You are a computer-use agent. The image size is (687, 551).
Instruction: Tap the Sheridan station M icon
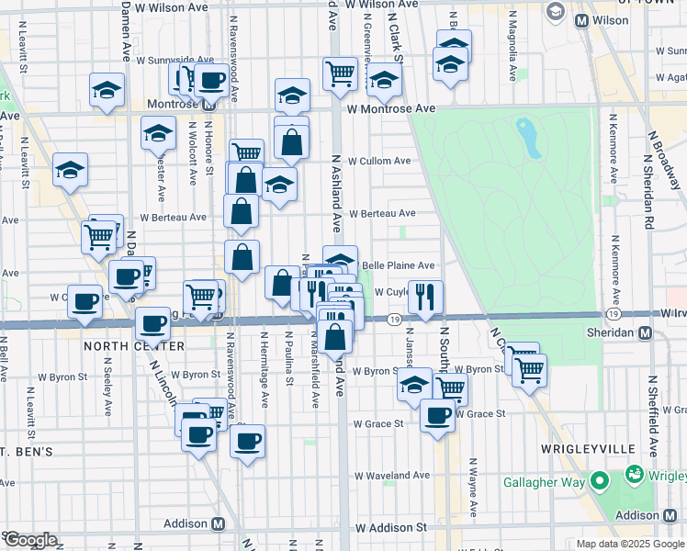click(x=645, y=332)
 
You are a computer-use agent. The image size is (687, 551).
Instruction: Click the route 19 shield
click(x=393, y=319)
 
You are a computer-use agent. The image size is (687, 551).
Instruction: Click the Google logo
click(x=29, y=540)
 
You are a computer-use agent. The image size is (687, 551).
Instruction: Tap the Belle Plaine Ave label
click(x=398, y=265)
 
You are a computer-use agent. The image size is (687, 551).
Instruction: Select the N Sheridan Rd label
click(x=648, y=193)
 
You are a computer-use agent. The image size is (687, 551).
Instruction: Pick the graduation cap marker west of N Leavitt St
click(x=70, y=170)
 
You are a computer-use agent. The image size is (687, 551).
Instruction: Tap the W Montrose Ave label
click(x=391, y=108)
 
